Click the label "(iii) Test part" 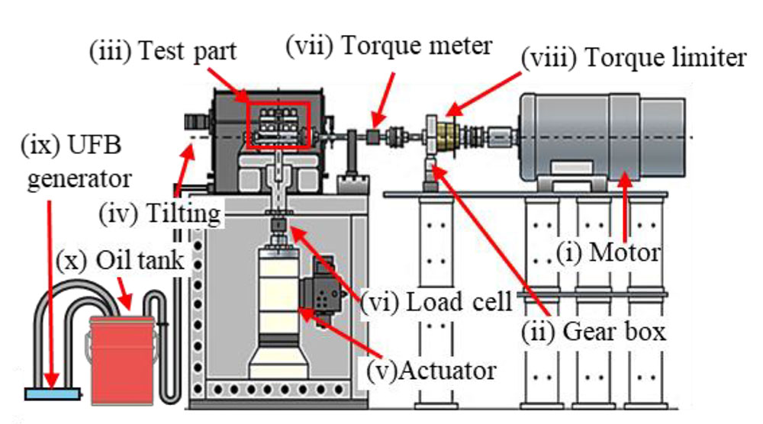pos(163,53)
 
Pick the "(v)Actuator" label pos(431,371)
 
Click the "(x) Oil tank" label pos(120,259)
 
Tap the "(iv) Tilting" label pos(159,213)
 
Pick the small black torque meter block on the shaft pos(374,137)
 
